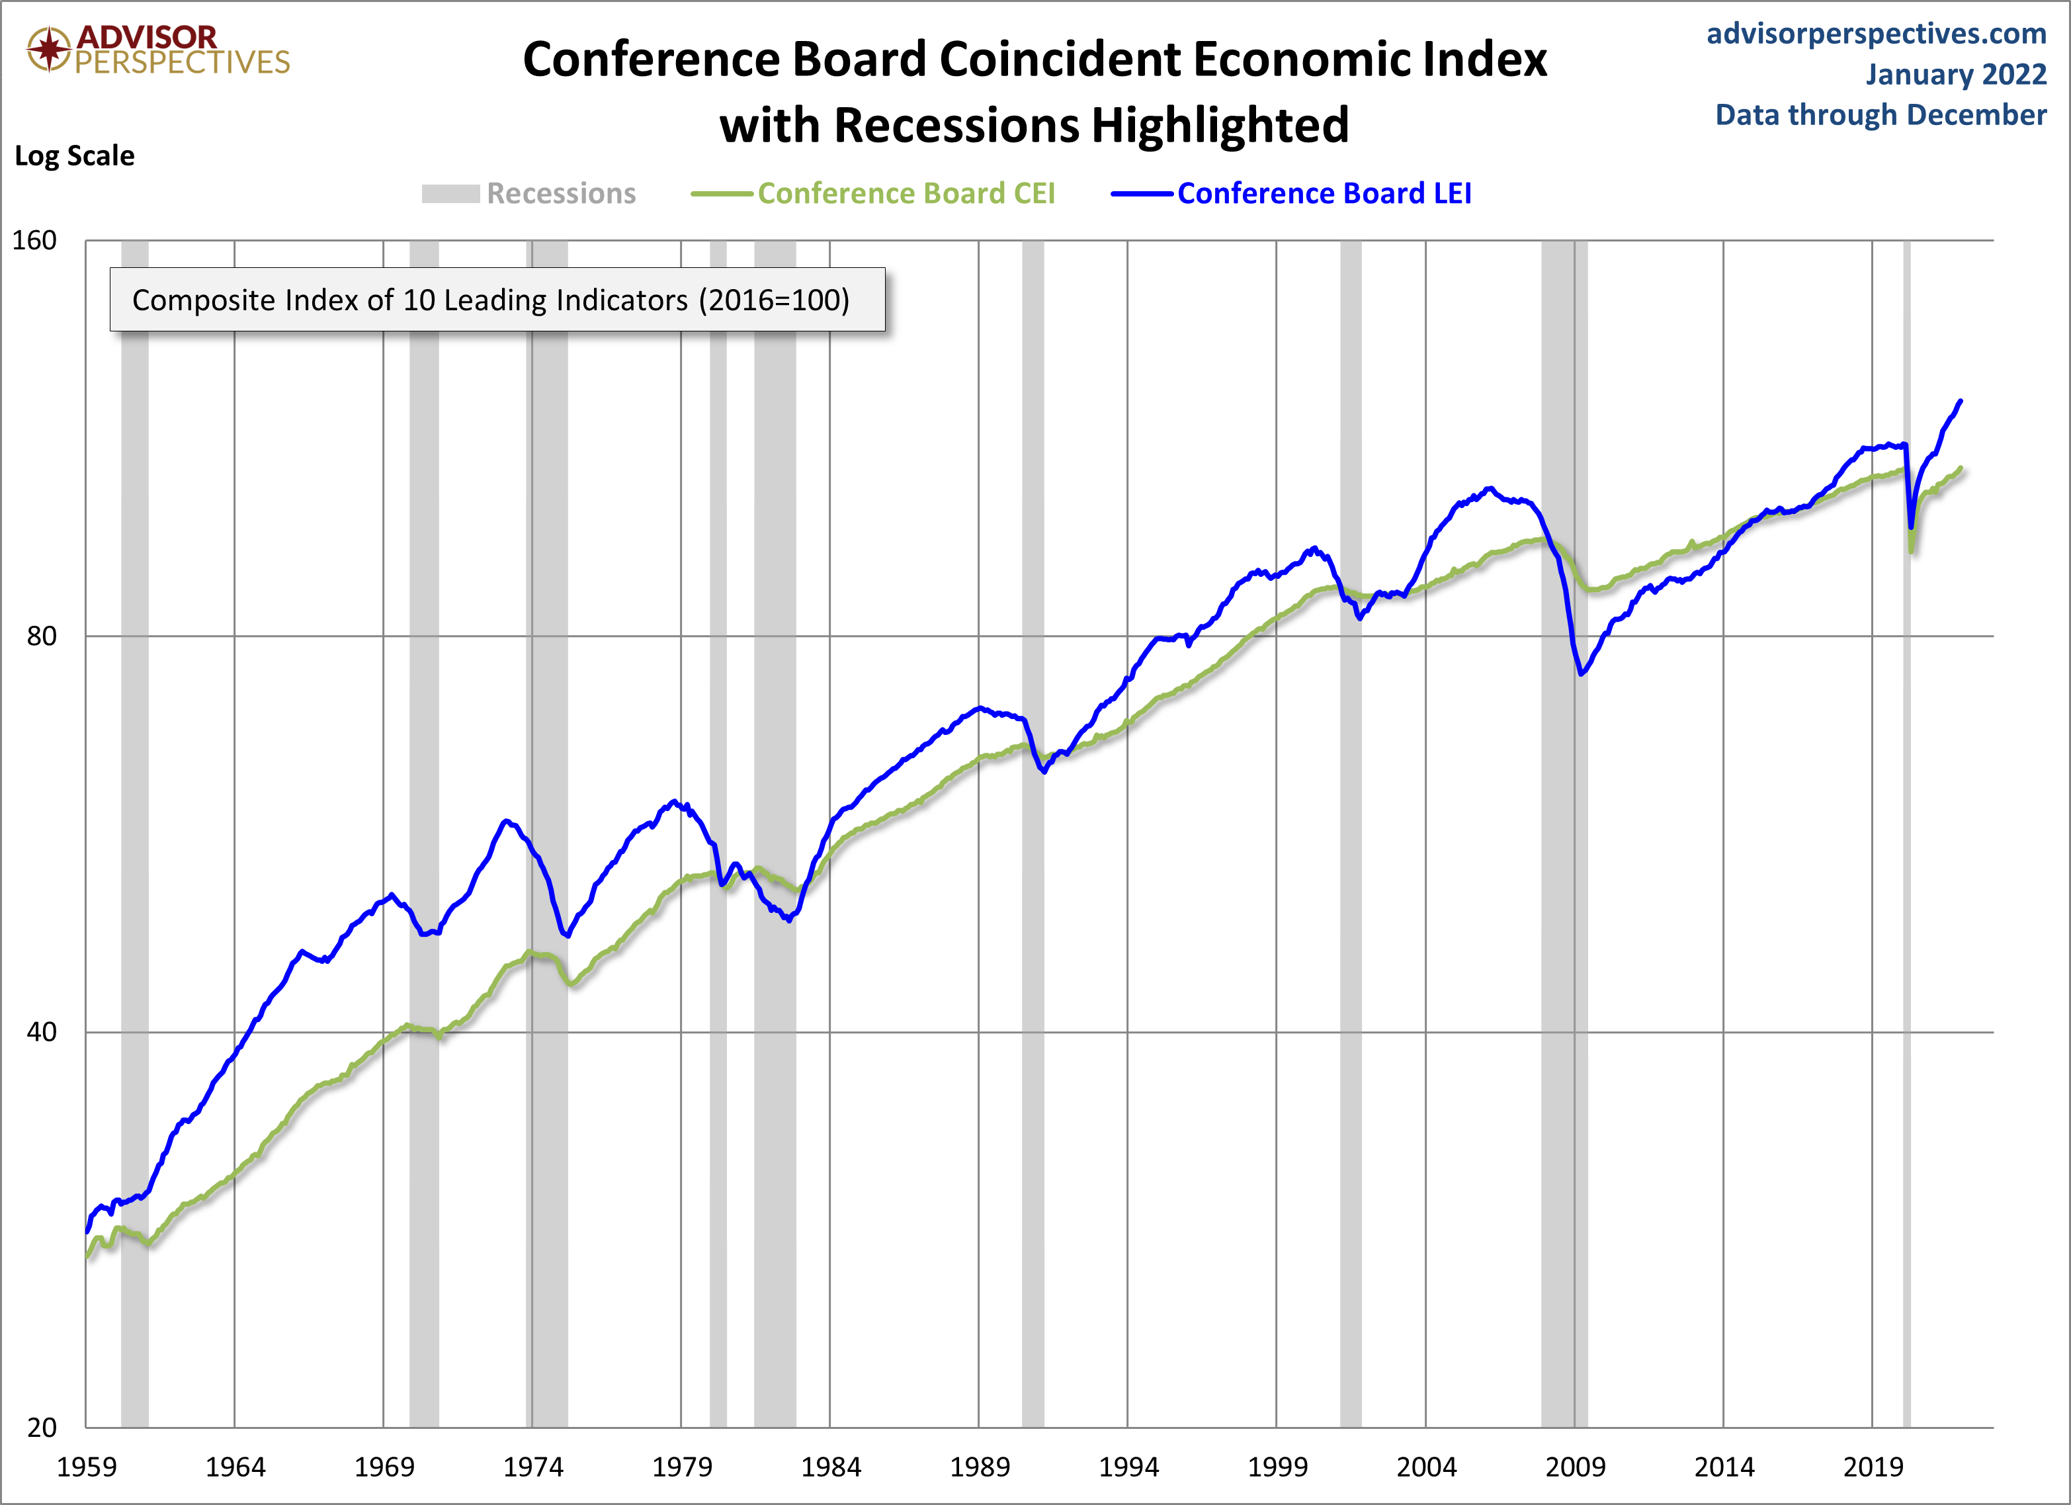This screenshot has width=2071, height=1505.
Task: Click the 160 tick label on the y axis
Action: click(x=34, y=240)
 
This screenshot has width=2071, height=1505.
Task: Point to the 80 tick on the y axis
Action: click(x=41, y=636)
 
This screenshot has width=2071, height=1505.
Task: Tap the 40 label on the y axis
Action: click(x=41, y=1032)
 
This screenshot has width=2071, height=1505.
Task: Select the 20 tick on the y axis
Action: click(x=41, y=1428)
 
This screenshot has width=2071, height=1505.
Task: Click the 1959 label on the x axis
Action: click(x=87, y=1467)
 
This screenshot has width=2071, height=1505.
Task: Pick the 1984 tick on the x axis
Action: click(x=830, y=1467)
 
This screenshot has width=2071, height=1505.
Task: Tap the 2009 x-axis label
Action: click(x=1574, y=1467)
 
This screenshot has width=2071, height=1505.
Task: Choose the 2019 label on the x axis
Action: click(x=1872, y=1467)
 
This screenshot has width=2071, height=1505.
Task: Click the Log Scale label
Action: click(x=74, y=156)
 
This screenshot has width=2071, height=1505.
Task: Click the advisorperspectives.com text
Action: click(x=1876, y=34)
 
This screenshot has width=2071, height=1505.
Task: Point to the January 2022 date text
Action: click(x=1955, y=74)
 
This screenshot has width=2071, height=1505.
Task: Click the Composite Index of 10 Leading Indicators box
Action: click(x=497, y=300)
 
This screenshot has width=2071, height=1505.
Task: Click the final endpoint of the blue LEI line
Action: click(x=1961, y=401)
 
